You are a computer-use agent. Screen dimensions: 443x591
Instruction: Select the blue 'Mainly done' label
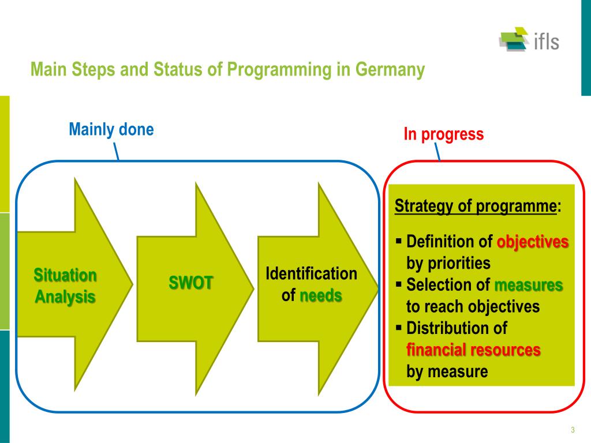pyautogui.click(x=111, y=129)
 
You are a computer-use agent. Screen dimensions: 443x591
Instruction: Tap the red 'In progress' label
pyautogui.click(x=443, y=134)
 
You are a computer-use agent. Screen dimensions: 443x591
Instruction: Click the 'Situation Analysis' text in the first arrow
pyautogui.click(x=65, y=286)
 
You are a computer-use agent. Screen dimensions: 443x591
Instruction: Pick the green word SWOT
pyautogui.click(x=191, y=283)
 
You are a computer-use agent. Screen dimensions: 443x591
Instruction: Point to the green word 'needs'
pyautogui.click(x=320, y=296)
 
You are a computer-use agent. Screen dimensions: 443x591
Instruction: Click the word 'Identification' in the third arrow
pyautogui.click(x=311, y=273)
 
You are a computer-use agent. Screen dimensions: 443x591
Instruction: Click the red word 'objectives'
pyautogui.click(x=533, y=242)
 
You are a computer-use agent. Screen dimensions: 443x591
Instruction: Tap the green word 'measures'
pyautogui.click(x=529, y=285)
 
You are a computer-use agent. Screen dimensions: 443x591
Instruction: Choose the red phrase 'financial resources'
pyautogui.click(x=473, y=350)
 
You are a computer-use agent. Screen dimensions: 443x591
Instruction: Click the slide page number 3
pyautogui.click(x=573, y=430)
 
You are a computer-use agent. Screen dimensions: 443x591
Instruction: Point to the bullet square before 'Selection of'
pyautogui.click(x=399, y=283)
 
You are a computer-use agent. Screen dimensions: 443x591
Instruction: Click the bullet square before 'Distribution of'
pyautogui.click(x=399, y=327)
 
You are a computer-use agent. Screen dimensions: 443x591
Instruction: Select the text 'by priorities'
pyautogui.click(x=448, y=264)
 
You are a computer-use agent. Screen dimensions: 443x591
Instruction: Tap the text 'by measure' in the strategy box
pyautogui.click(x=447, y=372)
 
